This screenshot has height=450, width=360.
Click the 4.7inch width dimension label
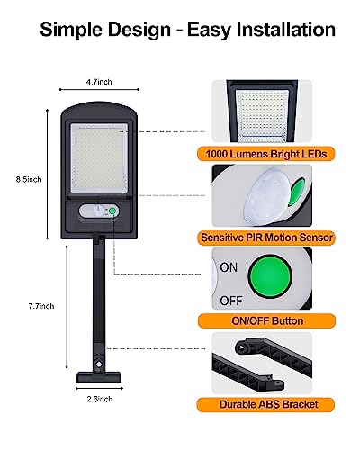(99, 82)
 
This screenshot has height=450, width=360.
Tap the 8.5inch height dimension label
(29, 179)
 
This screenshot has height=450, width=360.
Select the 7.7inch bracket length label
(41, 306)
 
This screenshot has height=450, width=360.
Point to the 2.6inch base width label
(100, 399)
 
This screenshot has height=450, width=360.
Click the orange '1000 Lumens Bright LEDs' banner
(266, 154)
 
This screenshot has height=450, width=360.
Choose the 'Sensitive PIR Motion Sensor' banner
(266, 238)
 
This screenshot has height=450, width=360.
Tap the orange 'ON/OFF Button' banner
(266, 320)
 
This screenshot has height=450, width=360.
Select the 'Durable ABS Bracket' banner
(265, 404)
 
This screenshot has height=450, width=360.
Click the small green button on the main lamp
(112, 211)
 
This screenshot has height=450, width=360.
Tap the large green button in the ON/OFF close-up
(270, 275)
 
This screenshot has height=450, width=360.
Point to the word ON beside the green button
(229, 267)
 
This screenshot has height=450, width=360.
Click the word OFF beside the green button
(231, 301)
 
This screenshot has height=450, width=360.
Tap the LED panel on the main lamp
(99, 157)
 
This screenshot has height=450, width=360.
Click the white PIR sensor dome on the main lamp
(98, 211)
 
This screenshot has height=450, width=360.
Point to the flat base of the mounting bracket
(99, 377)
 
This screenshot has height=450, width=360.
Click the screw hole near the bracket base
(98, 364)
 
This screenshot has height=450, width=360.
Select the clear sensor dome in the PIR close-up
(265, 195)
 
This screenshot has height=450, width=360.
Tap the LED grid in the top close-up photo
(262, 115)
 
